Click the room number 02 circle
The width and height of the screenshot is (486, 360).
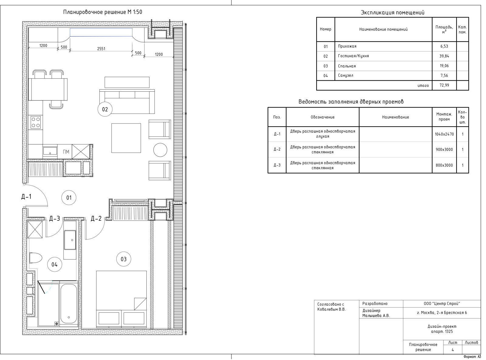coord(105,109)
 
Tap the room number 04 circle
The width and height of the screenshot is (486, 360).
coord(55,264)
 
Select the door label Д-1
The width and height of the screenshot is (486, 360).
coord(26,197)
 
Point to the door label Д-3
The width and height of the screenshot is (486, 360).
coord(55,218)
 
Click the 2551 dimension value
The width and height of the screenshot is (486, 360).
coord(101,49)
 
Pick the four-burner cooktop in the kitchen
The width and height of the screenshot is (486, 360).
coord(36,122)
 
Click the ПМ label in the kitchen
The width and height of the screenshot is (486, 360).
coord(66,152)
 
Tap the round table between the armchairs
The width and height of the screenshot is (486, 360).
coord(160,150)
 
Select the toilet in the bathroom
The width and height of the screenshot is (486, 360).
coord(36,258)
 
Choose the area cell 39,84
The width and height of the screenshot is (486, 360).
coord(444,56)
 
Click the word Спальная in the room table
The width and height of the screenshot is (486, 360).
coord(347,66)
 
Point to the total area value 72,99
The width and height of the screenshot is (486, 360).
coord(444,85)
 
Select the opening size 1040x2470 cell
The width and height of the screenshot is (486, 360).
coord(444,134)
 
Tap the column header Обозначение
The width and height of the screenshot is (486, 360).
coord(323,117)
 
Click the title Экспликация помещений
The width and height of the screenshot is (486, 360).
coord(393,12)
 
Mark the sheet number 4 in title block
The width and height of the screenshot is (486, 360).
coord(453,350)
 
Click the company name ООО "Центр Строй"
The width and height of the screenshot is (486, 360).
coord(442,304)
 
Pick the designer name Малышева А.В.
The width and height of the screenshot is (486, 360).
coord(376,316)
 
